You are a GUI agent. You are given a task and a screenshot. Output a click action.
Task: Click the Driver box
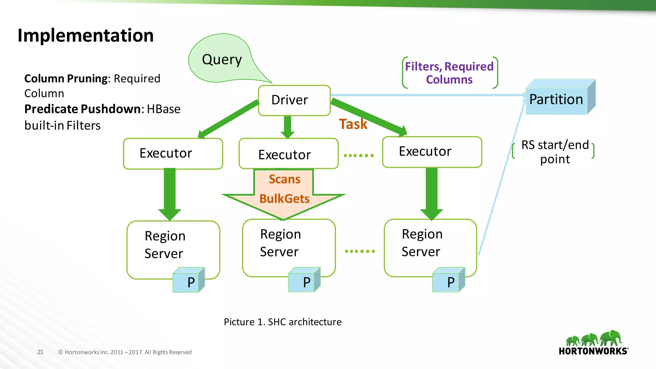(294, 100)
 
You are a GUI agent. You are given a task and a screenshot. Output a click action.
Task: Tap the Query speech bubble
(222, 60)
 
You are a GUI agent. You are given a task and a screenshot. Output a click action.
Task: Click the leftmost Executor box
(173, 153)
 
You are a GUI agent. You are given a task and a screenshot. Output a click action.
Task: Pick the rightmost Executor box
(432, 152)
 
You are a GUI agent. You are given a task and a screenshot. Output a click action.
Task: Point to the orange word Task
(353, 124)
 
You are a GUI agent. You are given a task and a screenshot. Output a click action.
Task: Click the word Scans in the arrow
(284, 179)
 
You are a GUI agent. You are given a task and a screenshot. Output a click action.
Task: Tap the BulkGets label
(284, 199)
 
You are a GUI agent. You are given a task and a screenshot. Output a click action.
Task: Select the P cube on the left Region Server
(189, 281)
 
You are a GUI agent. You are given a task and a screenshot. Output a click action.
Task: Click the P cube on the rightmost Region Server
(448, 281)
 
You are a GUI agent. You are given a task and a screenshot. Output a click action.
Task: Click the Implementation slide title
(86, 35)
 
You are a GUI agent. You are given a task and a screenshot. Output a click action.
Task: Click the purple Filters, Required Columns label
(449, 73)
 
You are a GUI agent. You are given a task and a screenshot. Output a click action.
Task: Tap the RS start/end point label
(555, 152)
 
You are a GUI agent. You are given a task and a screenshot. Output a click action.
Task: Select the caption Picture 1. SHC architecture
(283, 322)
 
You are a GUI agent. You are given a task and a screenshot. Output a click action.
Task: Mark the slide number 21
(40, 352)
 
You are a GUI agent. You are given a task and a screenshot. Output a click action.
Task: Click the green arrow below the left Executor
(170, 194)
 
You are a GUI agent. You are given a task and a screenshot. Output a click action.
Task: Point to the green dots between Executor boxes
(359, 156)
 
